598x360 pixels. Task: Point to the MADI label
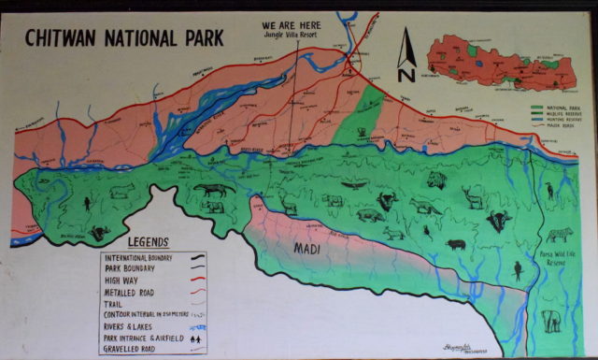click(x=307, y=249)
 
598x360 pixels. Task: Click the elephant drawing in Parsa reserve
click(x=553, y=321)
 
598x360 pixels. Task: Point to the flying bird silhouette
click(x=354, y=185)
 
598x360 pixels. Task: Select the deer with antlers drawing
click(x=473, y=196)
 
